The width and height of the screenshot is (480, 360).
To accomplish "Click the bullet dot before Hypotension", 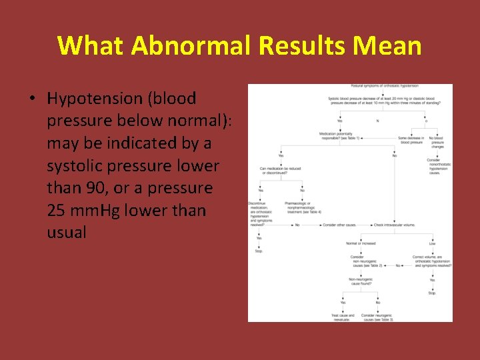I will click(x=32, y=99).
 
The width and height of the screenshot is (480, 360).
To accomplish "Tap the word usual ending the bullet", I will click(x=67, y=233).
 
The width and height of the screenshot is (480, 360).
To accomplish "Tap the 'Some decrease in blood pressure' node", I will click(x=411, y=140).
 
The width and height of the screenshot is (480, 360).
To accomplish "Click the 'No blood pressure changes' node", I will click(x=438, y=141).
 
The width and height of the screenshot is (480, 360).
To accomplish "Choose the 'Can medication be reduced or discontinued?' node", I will click(x=280, y=170).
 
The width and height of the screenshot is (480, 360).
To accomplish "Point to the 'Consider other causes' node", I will click(x=339, y=225).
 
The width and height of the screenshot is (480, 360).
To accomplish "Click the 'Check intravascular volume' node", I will click(x=394, y=225).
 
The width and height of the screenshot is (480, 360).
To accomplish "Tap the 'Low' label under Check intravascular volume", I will click(x=432, y=243).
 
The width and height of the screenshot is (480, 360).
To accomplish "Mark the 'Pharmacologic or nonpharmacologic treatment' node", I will click(x=303, y=207).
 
